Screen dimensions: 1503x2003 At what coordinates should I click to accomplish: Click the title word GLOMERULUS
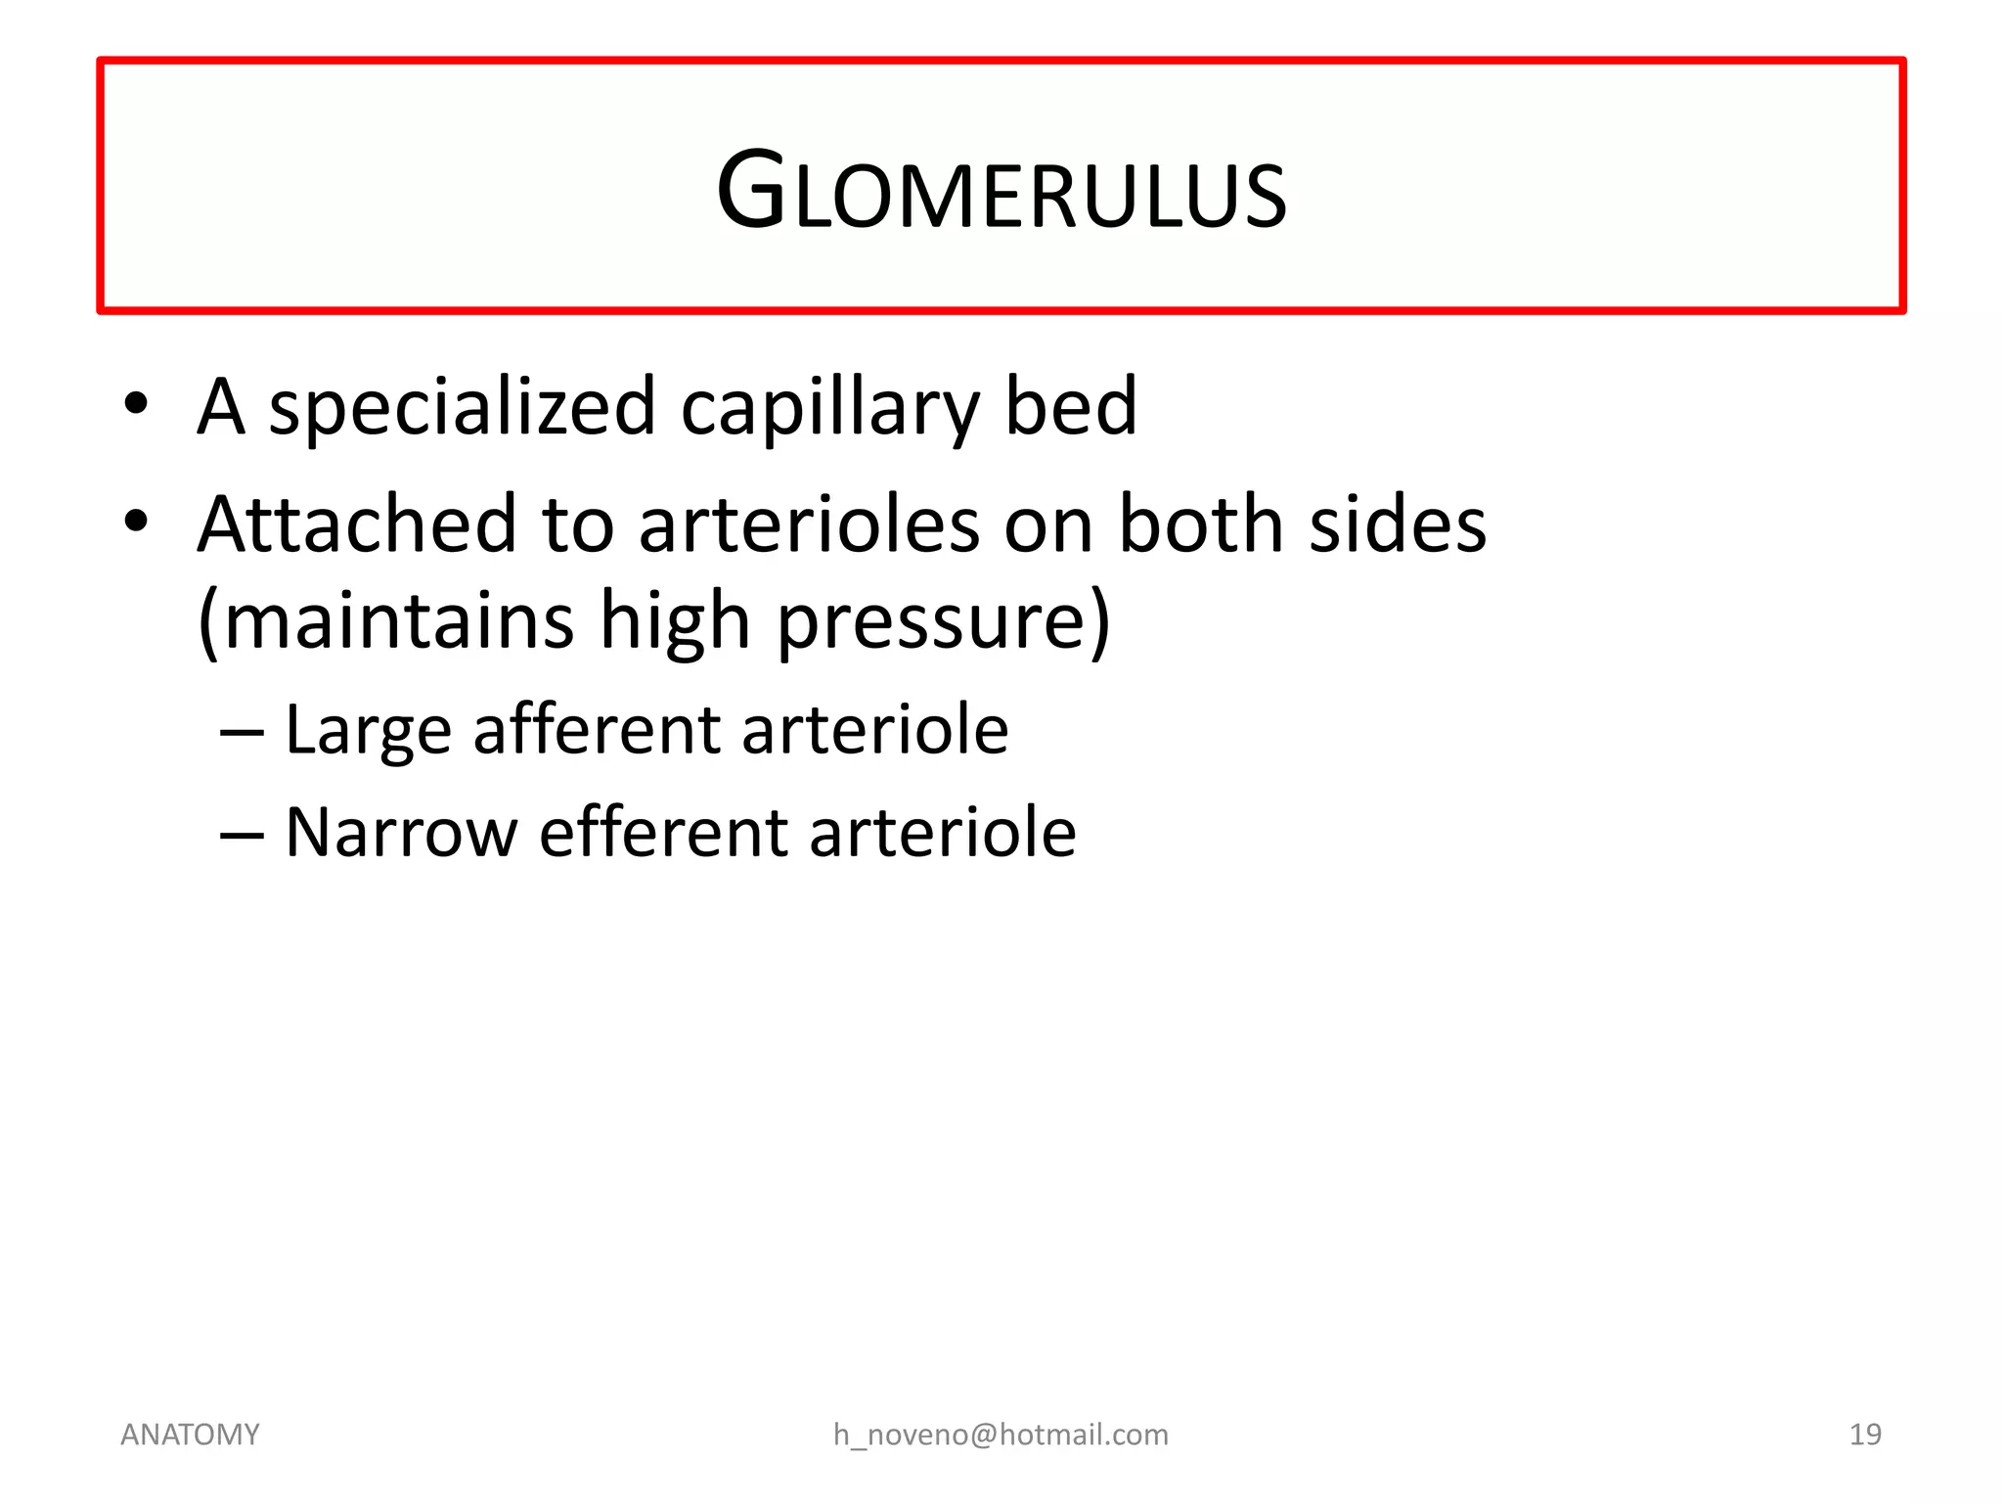tap(1001, 192)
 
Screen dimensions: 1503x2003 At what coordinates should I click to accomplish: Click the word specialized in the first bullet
tap(462, 408)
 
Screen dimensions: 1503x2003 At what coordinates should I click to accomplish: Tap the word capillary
tap(829, 408)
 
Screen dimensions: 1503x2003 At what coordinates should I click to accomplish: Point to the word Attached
tap(356, 524)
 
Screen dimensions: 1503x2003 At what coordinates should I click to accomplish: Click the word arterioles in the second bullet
tap(809, 524)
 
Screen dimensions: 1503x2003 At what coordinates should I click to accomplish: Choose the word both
tap(1201, 524)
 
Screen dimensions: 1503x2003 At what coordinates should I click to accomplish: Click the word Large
tap(368, 731)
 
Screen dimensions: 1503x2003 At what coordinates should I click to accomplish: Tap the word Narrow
tap(401, 833)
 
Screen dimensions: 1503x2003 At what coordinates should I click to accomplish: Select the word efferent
tap(662, 833)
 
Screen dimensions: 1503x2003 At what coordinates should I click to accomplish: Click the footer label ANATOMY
tap(190, 1435)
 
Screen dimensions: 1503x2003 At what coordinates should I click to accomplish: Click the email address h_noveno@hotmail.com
tap(1001, 1435)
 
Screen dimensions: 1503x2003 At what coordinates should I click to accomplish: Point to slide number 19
tap(1865, 1435)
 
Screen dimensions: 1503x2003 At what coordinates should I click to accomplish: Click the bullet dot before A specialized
tap(136, 403)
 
